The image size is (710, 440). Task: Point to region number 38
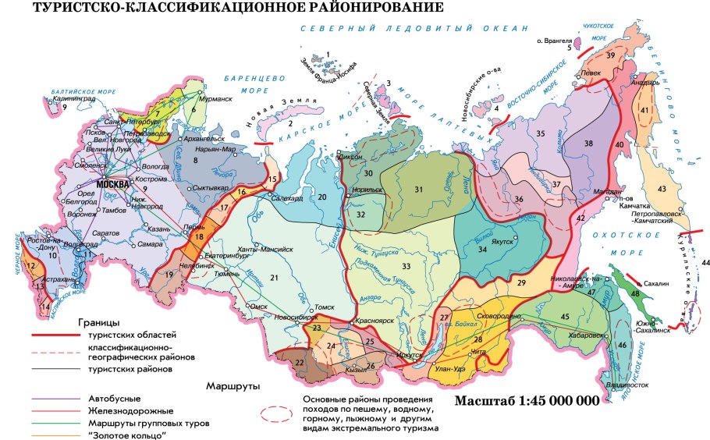pos(610,144)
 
